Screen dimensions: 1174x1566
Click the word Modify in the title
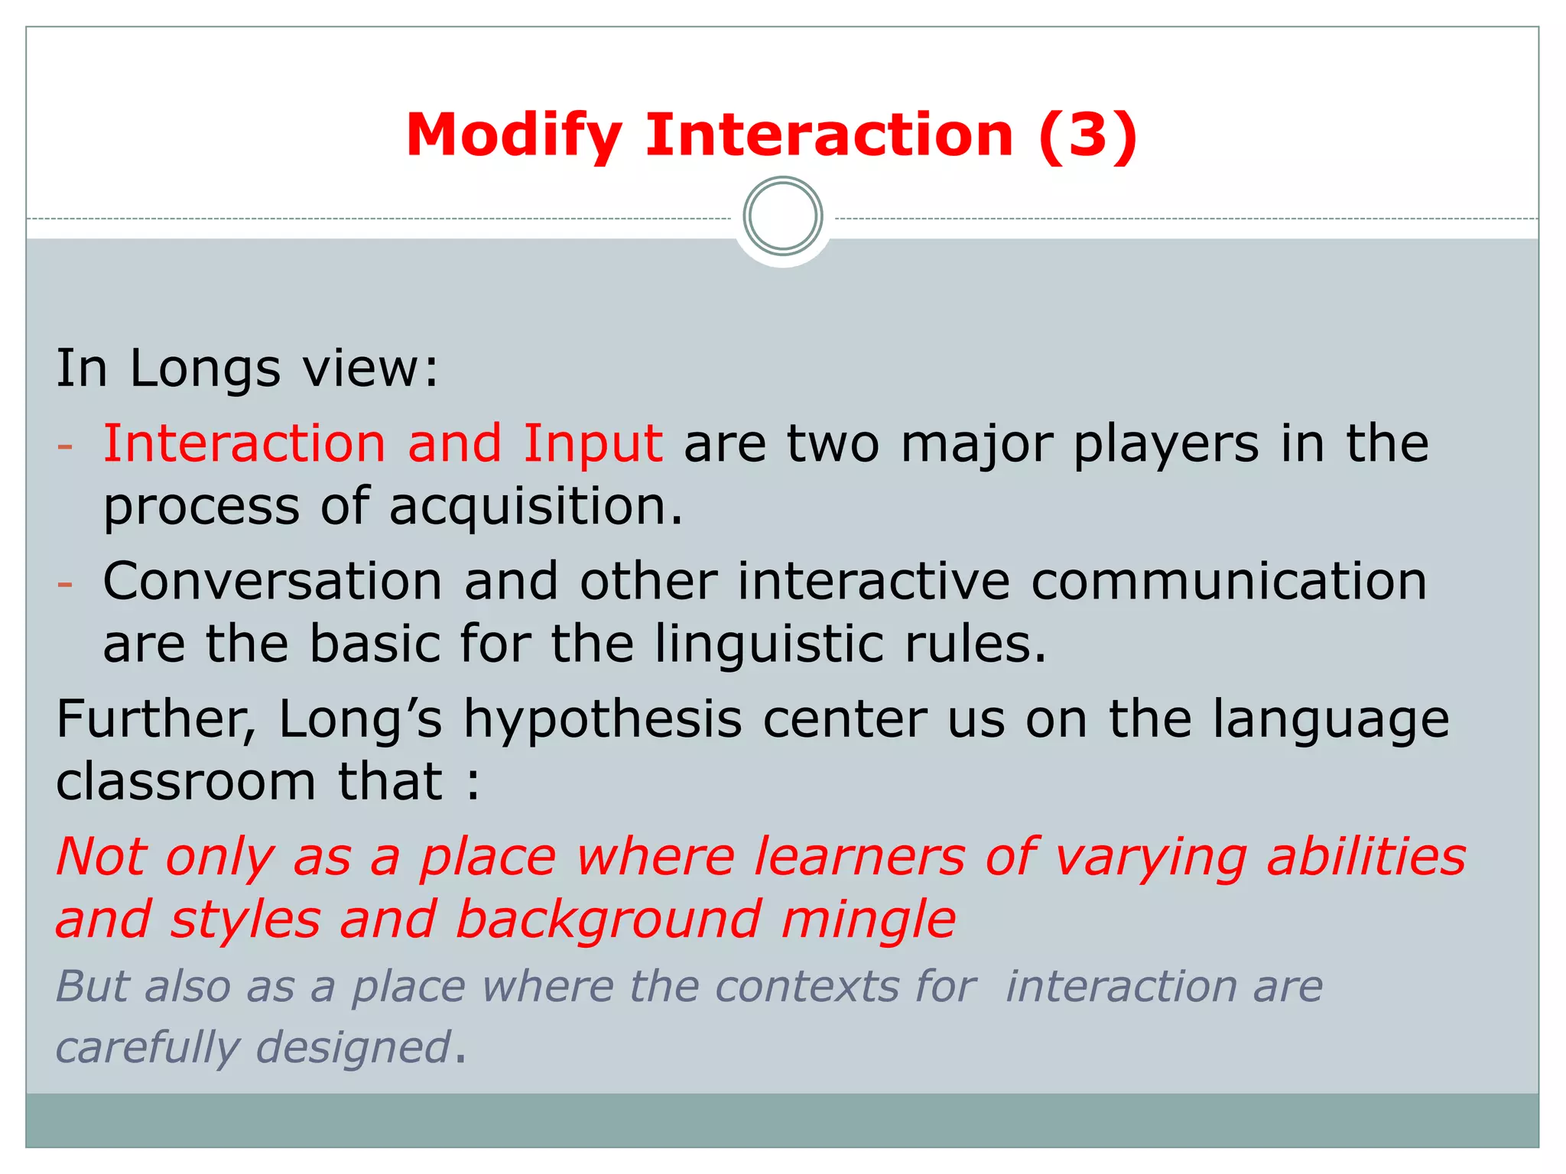point(514,136)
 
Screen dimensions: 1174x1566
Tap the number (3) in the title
point(1088,136)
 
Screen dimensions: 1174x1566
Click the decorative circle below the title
point(782,216)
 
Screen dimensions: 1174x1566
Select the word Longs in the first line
point(205,370)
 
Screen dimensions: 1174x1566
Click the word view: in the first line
point(370,370)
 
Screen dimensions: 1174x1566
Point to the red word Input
point(593,445)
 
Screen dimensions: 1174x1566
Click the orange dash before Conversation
point(66,584)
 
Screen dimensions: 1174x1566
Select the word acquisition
point(535,507)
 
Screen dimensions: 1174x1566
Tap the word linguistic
point(769,644)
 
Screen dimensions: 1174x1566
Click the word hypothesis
point(603,721)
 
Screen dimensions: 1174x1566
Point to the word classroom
point(186,783)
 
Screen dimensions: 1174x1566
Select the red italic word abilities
point(1366,858)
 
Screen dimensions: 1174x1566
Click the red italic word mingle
point(868,919)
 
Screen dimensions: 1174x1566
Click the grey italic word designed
point(353,1048)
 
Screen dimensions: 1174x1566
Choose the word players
point(1165,445)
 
